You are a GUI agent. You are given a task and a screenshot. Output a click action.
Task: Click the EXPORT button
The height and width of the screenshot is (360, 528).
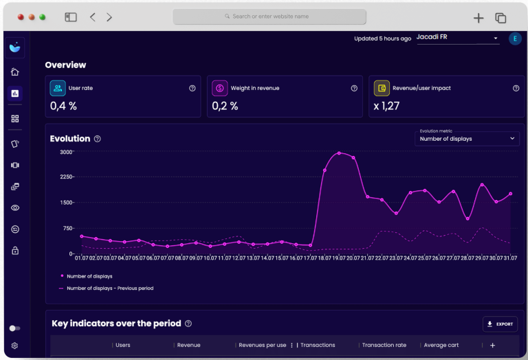[x=500, y=324]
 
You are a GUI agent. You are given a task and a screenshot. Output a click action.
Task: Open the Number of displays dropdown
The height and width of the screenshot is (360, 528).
[x=467, y=139]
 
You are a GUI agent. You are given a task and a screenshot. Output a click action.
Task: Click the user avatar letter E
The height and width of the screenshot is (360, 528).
[x=515, y=38]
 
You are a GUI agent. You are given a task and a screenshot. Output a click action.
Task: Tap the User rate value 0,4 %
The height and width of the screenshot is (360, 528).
[x=63, y=106]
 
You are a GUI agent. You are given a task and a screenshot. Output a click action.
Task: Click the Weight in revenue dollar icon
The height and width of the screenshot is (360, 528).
[x=219, y=88]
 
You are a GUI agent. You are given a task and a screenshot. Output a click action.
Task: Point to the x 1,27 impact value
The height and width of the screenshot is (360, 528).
[x=386, y=106]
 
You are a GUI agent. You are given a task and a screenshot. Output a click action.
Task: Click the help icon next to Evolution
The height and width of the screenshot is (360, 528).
[x=97, y=139]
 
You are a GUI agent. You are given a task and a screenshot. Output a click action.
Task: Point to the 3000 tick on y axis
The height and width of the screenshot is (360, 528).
[x=66, y=152]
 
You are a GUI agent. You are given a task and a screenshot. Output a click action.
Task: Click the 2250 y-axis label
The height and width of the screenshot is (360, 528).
[x=66, y=177]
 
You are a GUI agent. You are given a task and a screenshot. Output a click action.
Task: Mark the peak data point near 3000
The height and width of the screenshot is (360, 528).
[x=339, y=153]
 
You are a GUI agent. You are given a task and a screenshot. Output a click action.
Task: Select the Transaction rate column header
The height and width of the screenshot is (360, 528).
[x=384, y=345]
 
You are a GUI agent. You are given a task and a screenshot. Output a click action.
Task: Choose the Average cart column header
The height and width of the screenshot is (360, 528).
[x=441, y=345]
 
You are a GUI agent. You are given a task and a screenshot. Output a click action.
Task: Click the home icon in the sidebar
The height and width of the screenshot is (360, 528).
[x=15, y=71]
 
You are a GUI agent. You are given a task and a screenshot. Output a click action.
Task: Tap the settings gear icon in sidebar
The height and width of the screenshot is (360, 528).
[x=15, y=346]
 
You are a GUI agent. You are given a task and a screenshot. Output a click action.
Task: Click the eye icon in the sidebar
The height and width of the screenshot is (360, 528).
[x=15, y=207]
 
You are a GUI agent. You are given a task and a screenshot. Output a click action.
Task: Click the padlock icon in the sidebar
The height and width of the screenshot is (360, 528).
[x=15, y=251]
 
